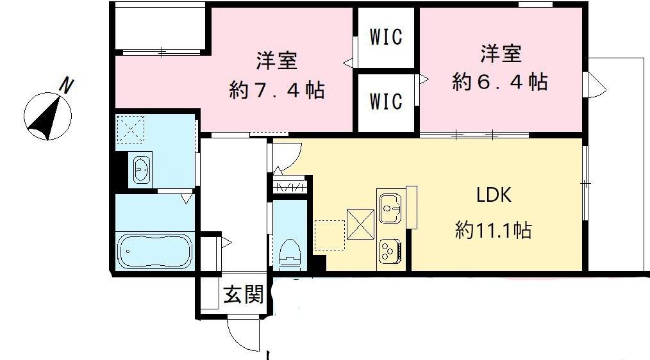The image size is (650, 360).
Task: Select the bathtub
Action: pos(154,250)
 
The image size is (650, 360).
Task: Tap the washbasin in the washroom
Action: pos(142,170)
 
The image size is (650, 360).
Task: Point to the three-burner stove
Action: pos(388,249)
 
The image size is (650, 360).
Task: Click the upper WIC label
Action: pos(386,37)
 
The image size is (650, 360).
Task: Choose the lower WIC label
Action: pos(386,101)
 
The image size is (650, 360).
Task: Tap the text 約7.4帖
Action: pos(277,90)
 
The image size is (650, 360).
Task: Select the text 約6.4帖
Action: pos(499,82)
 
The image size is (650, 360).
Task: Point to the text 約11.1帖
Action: pos(493,229)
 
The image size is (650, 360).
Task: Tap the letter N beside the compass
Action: pos(66,85)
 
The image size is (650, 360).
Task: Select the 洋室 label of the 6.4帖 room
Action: pos(500,54)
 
